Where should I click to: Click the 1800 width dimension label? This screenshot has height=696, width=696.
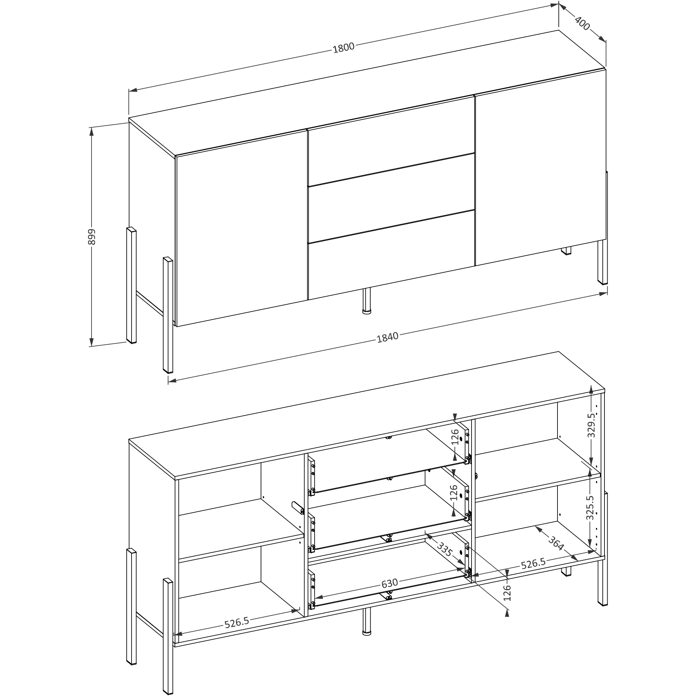pyautogui.click(x=343, y=48)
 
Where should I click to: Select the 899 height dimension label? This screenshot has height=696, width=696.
pyautogui.click(x=92, y=237)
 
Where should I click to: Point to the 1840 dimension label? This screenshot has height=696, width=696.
pyautogui.click(x=388, y=337)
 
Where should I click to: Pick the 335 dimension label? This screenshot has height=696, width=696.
pyautogui.click(x=445, y=550)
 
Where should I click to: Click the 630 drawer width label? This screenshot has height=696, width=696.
pyautogui.click(x=389, y=583)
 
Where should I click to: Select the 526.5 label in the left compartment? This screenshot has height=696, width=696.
pyautogui.click(x=237, y=622)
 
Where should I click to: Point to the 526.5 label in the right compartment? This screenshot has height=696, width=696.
pyautogui.click(x=533, y=563)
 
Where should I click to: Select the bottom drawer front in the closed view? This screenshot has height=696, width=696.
pyautogui.click(x=391, y=255)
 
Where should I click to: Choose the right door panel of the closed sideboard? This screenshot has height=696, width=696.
pyautogui.click(x=540, y=167)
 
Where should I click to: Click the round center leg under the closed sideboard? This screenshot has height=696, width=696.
pyautogui.click(x=367, y=301)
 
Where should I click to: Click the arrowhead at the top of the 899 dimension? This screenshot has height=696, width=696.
pyautogui.click(x=92, y=132)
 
